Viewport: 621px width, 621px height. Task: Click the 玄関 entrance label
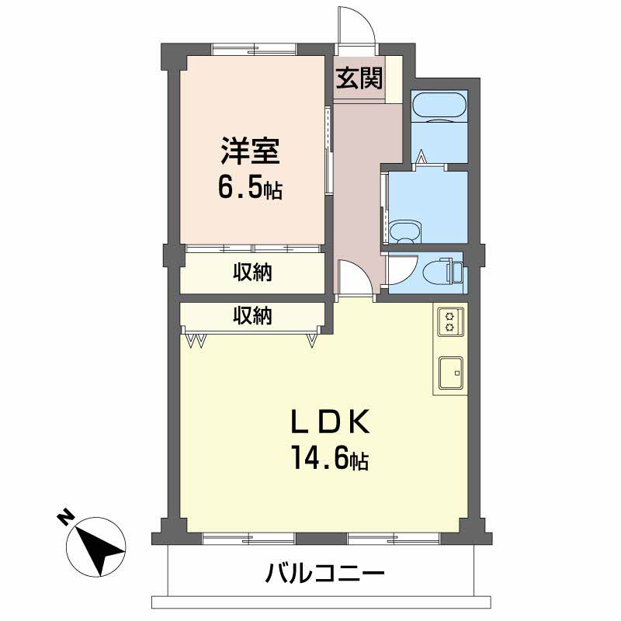click(359, 79)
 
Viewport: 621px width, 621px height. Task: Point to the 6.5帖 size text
click(249, 188)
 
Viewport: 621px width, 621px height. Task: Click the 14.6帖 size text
click(329, 459)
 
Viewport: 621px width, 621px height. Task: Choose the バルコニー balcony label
click(324, 575)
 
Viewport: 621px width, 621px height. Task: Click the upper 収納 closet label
click(253, 273)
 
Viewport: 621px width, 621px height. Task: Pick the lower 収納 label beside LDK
click(253, 315)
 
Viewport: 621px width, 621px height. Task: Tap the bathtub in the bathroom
click(439, 106)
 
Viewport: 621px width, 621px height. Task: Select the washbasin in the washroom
click(404, 231)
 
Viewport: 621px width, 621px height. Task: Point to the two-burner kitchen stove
click(450, 321)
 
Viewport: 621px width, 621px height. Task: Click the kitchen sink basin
click(450, 373)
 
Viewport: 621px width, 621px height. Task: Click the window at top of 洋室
click(254, 49)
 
